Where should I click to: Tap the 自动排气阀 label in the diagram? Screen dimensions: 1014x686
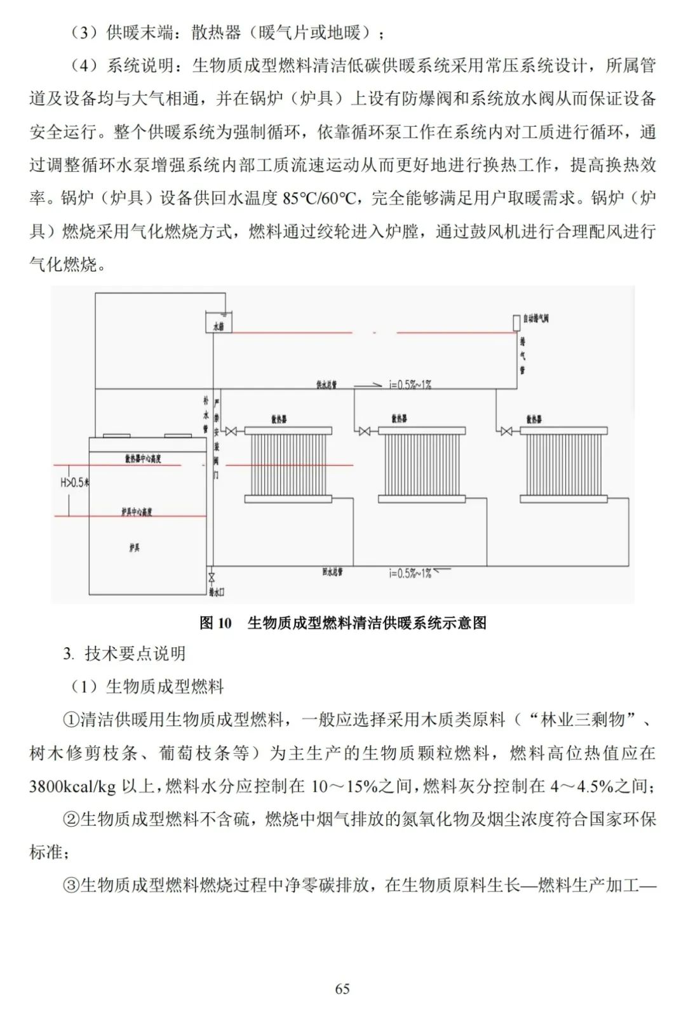[x=536, y=319]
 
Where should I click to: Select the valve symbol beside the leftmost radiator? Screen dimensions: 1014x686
[x=231, y=431]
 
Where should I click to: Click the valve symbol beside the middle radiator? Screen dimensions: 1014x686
[x=364, y=431]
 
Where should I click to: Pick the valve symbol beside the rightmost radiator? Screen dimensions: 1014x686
[x=506, y=431]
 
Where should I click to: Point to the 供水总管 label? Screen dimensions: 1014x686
[x=326, y=385]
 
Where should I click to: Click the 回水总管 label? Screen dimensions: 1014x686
[x=332, y=572]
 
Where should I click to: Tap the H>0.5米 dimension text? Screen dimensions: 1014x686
[x=74, y=483]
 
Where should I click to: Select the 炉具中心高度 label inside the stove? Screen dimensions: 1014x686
[x=137, y=511]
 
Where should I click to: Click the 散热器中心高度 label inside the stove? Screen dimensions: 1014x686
[x=143, y=458]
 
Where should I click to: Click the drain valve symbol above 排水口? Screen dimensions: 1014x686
[x=212, y=577]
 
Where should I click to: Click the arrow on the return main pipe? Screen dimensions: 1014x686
[x=442, y=570]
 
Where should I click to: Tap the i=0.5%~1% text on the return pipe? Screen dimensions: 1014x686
[x=410, y=574]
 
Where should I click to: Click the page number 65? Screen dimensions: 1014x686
[x=342, y=989]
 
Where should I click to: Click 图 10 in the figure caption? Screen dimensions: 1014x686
[x=216, y=623]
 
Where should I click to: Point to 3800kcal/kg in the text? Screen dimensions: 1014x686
[x=72, y=787]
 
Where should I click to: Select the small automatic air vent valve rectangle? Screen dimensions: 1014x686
[x=516, y=322]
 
